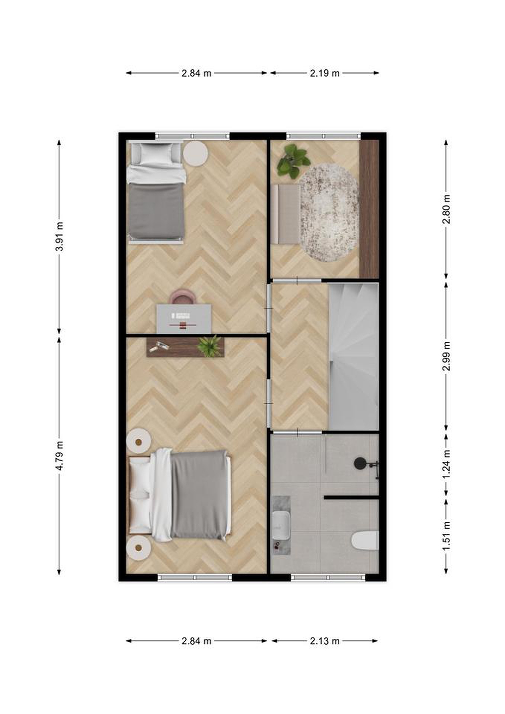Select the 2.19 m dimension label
[325, 73]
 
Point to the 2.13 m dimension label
[325, 641]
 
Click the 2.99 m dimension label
[446, 356]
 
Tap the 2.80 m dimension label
[446, 209]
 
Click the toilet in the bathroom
[365, 540]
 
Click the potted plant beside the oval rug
[293, 161]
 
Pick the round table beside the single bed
[195, 153]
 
